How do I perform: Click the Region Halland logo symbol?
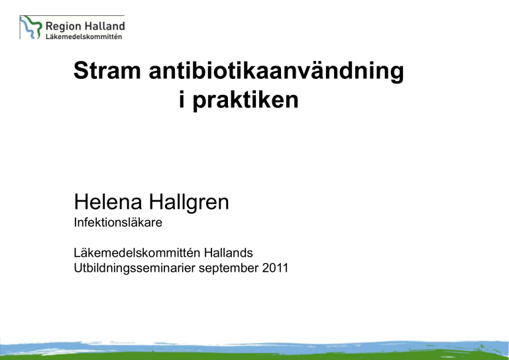click(31, 27)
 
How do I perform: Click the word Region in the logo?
click(62, 27)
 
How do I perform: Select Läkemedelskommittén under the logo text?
click(84, 36)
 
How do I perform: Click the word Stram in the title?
click(107, 71)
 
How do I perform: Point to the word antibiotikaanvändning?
click(276, 72)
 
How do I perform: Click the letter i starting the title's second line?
click(182, 99)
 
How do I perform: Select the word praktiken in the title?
click(245, 101)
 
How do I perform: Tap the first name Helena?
click(108, 202)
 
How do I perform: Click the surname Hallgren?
click(189, 203)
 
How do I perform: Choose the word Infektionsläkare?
click(118, 223)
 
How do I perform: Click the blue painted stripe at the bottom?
click(254, 347)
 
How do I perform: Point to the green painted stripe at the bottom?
click(254, 356)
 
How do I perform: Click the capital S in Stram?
click(81, 71)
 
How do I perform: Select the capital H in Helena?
click(80, 202)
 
